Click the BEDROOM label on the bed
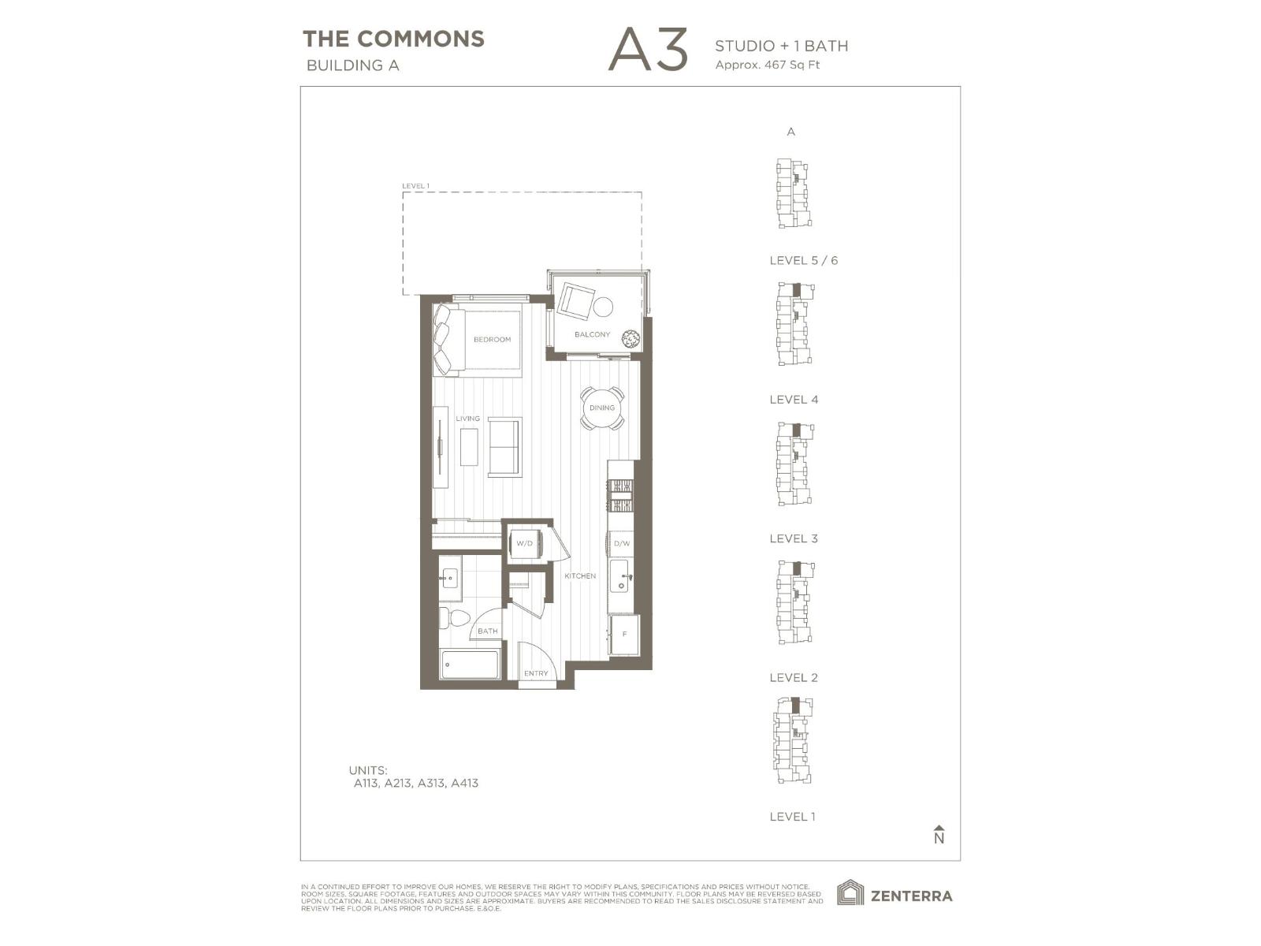pos(492,340)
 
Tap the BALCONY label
pos(592,334)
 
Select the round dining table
pos(602,408)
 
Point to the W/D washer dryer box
pos(524,543)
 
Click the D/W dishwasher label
pos(622,544)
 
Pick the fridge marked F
pos(624,635)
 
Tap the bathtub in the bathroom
pos(471,665)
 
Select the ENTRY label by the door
pos(536,673)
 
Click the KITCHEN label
pos(580,576)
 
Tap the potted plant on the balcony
pos(630,339)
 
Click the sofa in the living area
pos(504,446)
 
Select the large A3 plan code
pos(648,50)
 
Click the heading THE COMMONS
pos(393,39)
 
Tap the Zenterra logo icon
pos(850,893)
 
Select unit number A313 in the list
pos(430,784)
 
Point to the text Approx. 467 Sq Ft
pos(767,65)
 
